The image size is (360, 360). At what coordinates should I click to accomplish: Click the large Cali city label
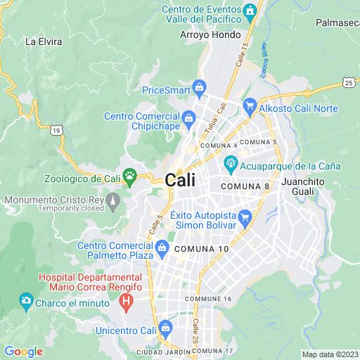click(x=180, y=180)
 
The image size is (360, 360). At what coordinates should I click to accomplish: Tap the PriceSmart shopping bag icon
click(x=200, y=88)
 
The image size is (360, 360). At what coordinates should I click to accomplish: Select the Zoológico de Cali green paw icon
click(x=129, y=174)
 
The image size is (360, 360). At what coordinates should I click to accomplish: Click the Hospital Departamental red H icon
click(x=126, y=303)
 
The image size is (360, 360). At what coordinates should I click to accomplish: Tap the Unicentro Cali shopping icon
click(x=165, y=328)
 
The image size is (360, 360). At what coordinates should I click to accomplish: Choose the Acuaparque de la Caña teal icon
click(x=230, y=166)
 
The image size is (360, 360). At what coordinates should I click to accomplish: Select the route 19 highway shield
click(x=56, y=129)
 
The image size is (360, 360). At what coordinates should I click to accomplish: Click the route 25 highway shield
click(x=348, y=83)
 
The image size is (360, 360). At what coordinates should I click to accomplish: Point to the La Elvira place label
click(x=44, y=41)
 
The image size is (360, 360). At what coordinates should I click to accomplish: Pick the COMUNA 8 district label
click(x=245, y=186)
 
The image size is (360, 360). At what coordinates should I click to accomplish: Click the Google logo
click(x=23, y=352)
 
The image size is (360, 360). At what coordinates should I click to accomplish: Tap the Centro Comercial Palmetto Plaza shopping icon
click(x=162, y=246)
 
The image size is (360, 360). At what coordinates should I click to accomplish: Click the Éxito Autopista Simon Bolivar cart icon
click(x=244, y=216)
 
